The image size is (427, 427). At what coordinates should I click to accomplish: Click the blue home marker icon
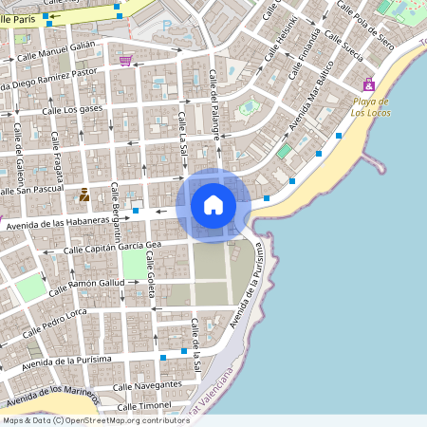coord(213,204)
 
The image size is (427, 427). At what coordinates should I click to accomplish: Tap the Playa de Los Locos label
coord(372,106)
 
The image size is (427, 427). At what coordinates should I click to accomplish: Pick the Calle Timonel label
coord(142,405)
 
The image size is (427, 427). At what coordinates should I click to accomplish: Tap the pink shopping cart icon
coord(125,61)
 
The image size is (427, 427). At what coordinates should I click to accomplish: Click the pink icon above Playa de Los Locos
coord(368,84)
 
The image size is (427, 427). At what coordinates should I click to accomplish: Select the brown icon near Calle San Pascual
coord(84,195)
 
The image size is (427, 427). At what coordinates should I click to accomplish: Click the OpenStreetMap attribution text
coord(96,420)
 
